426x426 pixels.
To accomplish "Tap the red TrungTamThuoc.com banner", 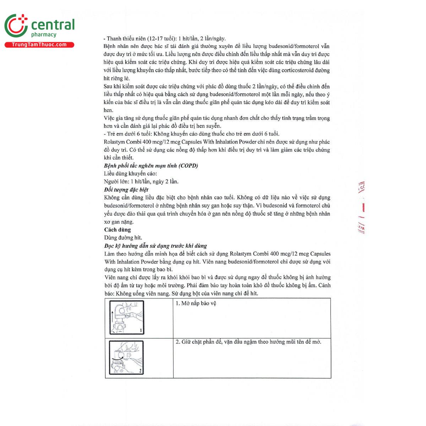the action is (x=39, y=45).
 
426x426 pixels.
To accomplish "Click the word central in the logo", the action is (x=53, y=25).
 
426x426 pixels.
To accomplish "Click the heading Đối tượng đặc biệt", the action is (x=126, y=190).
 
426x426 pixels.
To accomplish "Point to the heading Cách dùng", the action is (x=118, y=230).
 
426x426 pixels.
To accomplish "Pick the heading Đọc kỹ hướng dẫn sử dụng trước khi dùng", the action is (x=155, y=246).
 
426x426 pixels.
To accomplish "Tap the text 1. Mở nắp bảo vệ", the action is (x=196, y=303).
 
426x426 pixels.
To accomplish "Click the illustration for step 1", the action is (x=126, y=317).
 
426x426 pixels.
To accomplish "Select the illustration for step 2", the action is (x=126, y=357).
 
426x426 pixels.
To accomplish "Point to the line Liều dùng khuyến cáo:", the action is (x=130, y=174).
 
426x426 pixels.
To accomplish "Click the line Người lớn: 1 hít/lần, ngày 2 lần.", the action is (x=141, y=181).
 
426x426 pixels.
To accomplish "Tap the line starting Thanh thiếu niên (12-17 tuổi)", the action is (x=164, y=39).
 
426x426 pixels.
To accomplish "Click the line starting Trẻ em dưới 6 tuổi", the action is (x=192, y=134).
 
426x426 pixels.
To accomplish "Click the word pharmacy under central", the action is (x=44, y=35).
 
